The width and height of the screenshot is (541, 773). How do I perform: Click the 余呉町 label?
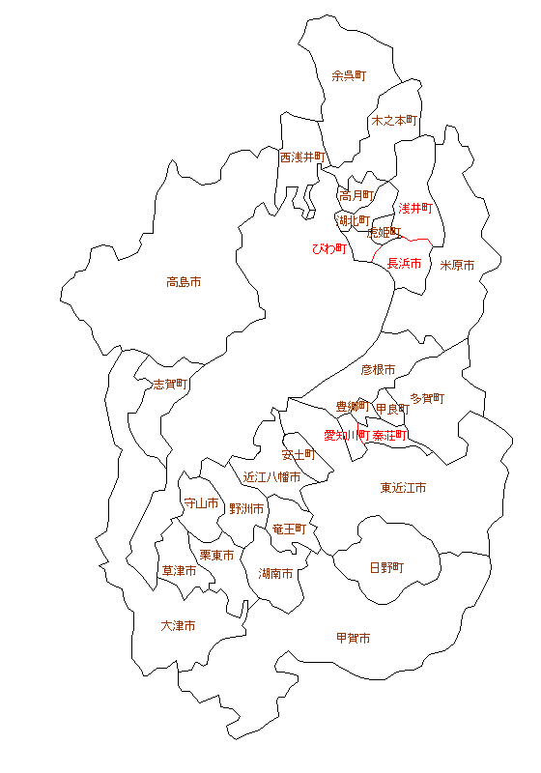click(349, 75)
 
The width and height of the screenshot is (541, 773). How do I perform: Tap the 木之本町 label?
click(394, 121)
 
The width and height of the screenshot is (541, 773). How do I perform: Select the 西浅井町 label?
click(303, 157)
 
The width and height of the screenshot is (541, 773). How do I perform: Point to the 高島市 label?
click(184, 283)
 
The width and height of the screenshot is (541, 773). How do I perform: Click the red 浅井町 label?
click(414, 208)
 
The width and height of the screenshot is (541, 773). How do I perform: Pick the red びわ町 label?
click(328, 248)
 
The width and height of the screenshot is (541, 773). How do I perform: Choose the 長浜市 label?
click(405, 264)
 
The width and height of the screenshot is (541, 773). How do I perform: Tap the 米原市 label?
click(458, 265)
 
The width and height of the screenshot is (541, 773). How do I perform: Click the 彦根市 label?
click(379, 370)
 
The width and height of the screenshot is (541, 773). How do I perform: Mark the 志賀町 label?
click(171, 384)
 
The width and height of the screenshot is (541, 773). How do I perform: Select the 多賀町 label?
click(427, 397)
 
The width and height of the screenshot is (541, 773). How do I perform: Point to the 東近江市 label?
click(404, 488)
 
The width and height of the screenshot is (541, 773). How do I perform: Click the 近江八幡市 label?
click(271, 476)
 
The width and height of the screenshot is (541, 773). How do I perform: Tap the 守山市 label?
click(202, 503)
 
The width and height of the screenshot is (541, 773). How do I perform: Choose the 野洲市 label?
click(246, 508)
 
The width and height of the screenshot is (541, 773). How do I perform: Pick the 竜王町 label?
click(289, 530)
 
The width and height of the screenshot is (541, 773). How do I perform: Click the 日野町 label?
click(387, 567)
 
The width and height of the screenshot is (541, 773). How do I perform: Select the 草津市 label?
click(179, 571)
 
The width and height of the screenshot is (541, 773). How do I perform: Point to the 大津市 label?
click(179, 626)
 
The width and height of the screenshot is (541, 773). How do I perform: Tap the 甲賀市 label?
click(353, 638)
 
